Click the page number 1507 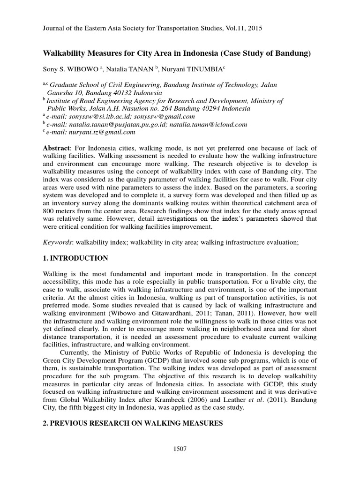point(180,449)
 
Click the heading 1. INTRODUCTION point(75,258)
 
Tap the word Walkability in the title point(64,53)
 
